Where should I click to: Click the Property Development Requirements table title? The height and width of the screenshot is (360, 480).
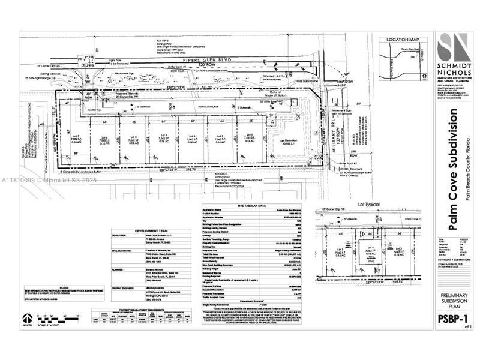coord(131,309)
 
